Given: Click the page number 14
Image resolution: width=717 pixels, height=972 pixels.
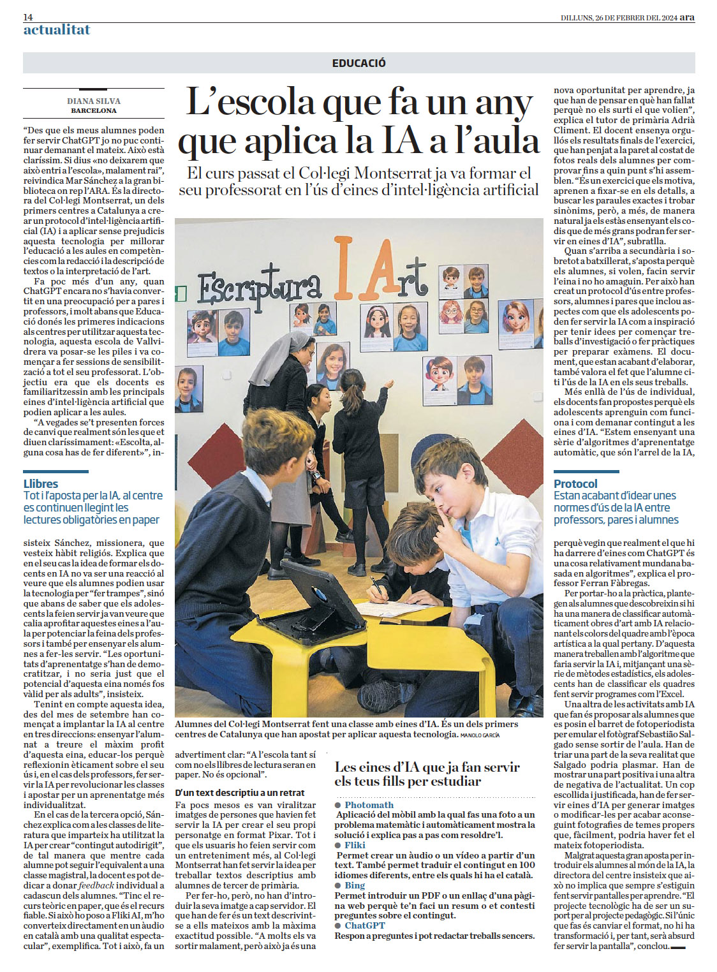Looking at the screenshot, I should pos(28,17).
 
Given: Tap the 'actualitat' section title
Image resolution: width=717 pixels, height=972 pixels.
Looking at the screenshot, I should pos(57,30).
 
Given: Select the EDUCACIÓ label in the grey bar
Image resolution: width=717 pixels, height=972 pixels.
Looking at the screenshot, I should pos(358,63).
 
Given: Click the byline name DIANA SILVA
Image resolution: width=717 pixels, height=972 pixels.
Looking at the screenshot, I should pos(94,101).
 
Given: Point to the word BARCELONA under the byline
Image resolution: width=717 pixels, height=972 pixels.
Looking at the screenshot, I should pos(94,110).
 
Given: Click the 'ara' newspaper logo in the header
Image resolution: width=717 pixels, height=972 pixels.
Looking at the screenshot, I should pos(687,17).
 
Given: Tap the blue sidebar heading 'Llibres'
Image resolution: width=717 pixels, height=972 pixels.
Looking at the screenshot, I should pos(41,483).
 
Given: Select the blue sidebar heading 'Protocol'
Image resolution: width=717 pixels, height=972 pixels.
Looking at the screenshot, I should pos(575,483).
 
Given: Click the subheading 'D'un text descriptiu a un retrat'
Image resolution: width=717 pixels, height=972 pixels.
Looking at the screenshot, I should pos(240,793).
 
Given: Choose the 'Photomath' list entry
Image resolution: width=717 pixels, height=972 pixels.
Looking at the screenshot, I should pos(369,805).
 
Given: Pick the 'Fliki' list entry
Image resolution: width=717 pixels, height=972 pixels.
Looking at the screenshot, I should pos(355,845).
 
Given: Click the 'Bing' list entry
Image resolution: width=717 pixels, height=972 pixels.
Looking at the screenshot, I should pos(355,885).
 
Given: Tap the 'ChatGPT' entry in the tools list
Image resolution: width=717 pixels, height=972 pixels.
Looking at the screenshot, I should pos(365,925).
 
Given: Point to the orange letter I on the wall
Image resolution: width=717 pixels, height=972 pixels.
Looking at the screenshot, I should pos(344,269).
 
